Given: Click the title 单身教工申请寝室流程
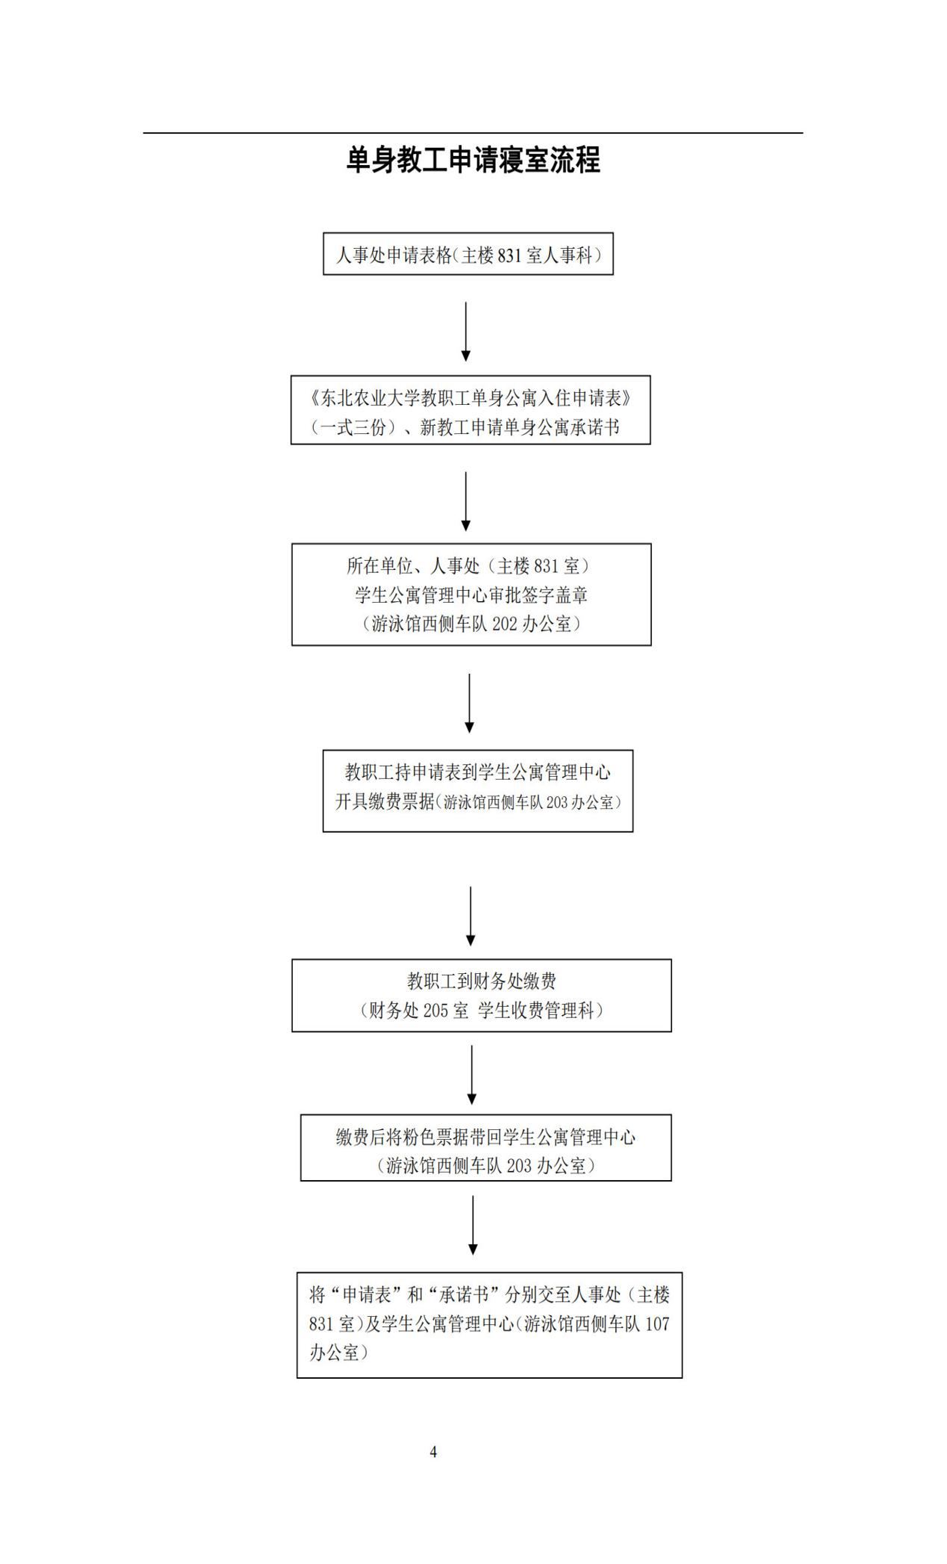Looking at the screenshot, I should pos(473,160).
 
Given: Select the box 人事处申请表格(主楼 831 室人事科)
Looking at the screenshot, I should pos(468,255).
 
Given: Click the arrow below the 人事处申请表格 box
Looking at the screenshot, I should pos(466,331).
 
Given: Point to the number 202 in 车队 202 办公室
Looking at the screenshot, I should pos(505,624).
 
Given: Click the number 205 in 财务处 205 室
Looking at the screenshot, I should pos(435,1011).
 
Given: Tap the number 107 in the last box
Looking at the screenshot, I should pos(657,1323).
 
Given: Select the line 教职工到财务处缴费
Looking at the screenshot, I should pos(481,981).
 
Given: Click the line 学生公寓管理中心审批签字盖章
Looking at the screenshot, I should pos(471,595).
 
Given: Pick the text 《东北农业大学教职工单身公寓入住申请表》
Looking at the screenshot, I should pos(471,397).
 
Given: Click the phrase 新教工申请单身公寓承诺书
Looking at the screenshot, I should pos(520,427).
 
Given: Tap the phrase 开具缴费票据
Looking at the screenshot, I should pos(385,802).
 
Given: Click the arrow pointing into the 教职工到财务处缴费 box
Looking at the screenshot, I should pos(471,916).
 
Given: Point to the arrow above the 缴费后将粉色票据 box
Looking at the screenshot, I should pos(472,1074).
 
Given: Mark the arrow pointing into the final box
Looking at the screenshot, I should pos(473,1225).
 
